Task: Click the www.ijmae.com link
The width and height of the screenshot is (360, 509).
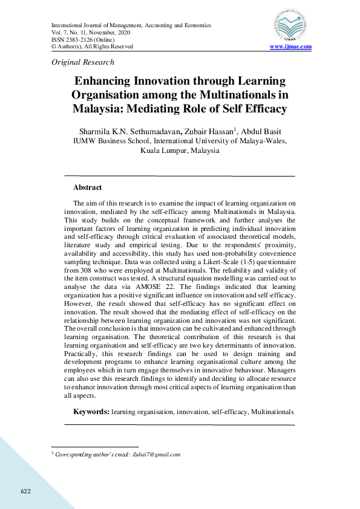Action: coord(290,47)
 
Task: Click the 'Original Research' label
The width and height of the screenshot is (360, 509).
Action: coord(83,62)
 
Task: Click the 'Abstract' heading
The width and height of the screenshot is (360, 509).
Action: coord(87,187)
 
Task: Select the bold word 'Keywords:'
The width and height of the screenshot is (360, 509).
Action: coord(91,412)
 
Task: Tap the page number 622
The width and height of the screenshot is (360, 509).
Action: coord(25,490)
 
